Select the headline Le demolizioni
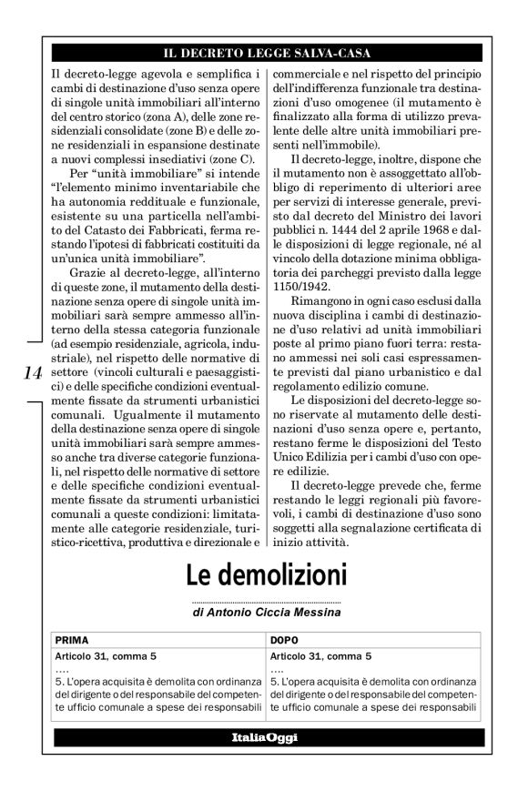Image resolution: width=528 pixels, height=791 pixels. click(x=267, y=576)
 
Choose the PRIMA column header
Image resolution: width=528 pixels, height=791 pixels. click(x=72, y=640)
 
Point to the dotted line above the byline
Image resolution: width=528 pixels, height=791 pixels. click(x=267, y=602)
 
